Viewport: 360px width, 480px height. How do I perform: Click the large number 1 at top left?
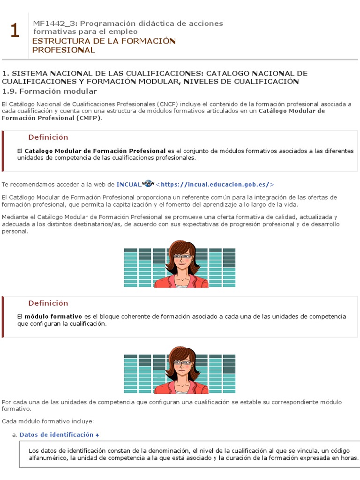click(15, 31)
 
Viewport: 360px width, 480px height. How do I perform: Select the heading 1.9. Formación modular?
click(49, 91)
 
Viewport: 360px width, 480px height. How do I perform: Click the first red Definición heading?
click(48, 137)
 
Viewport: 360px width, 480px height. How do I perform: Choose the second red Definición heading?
click(48, 303)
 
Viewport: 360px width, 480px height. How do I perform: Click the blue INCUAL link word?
click(128, 185)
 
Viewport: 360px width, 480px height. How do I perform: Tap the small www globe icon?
click(148, 183)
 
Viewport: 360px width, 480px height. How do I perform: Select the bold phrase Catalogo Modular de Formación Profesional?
click(95, 151)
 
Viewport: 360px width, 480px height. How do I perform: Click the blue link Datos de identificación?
click(56, 435)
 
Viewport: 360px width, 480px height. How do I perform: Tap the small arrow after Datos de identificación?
click(97, 435)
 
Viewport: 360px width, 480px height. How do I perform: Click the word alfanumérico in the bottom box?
click(48, 458)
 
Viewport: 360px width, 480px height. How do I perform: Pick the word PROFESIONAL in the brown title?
click(63, 50)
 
